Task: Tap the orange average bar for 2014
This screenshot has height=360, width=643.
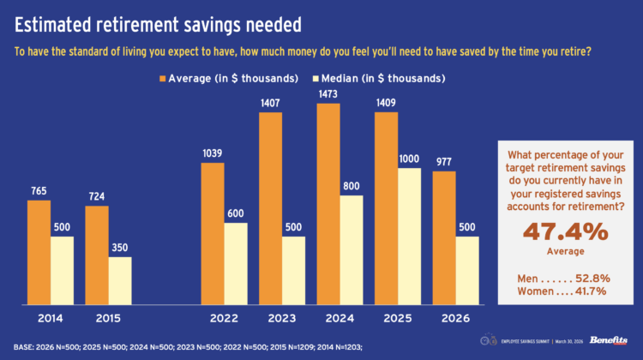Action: pyautogui.click(x=39, y=249)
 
